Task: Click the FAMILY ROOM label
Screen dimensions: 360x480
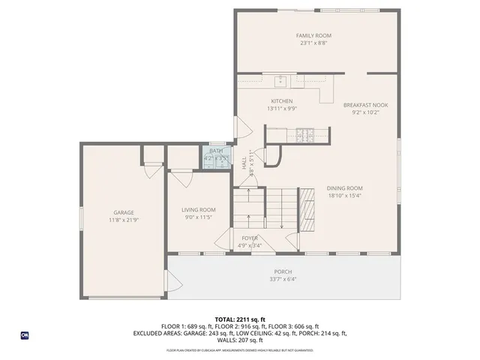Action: click(x=313, y=35)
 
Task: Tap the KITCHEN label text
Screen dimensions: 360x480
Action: click(x=281, y=101)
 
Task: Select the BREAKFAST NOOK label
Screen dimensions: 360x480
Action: click(x=365, y=105)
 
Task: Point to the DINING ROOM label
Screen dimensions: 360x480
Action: click(x=344, y=188)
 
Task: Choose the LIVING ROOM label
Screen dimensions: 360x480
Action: click(x=199, y=210)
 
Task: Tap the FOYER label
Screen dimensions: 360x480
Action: click(x=250, y=238)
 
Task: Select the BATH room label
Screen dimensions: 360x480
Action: click(x=216, y=151)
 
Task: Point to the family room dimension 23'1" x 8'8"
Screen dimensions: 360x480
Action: click(x=313, y=43)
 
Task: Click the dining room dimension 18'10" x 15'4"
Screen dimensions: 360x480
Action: click(x=344, y=196)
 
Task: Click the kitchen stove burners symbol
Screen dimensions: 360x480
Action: click(x=305, y=135)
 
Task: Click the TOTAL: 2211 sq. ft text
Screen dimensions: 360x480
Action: click(x=239, y=319)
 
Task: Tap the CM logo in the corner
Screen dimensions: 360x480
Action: click(x=24, y=335)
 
